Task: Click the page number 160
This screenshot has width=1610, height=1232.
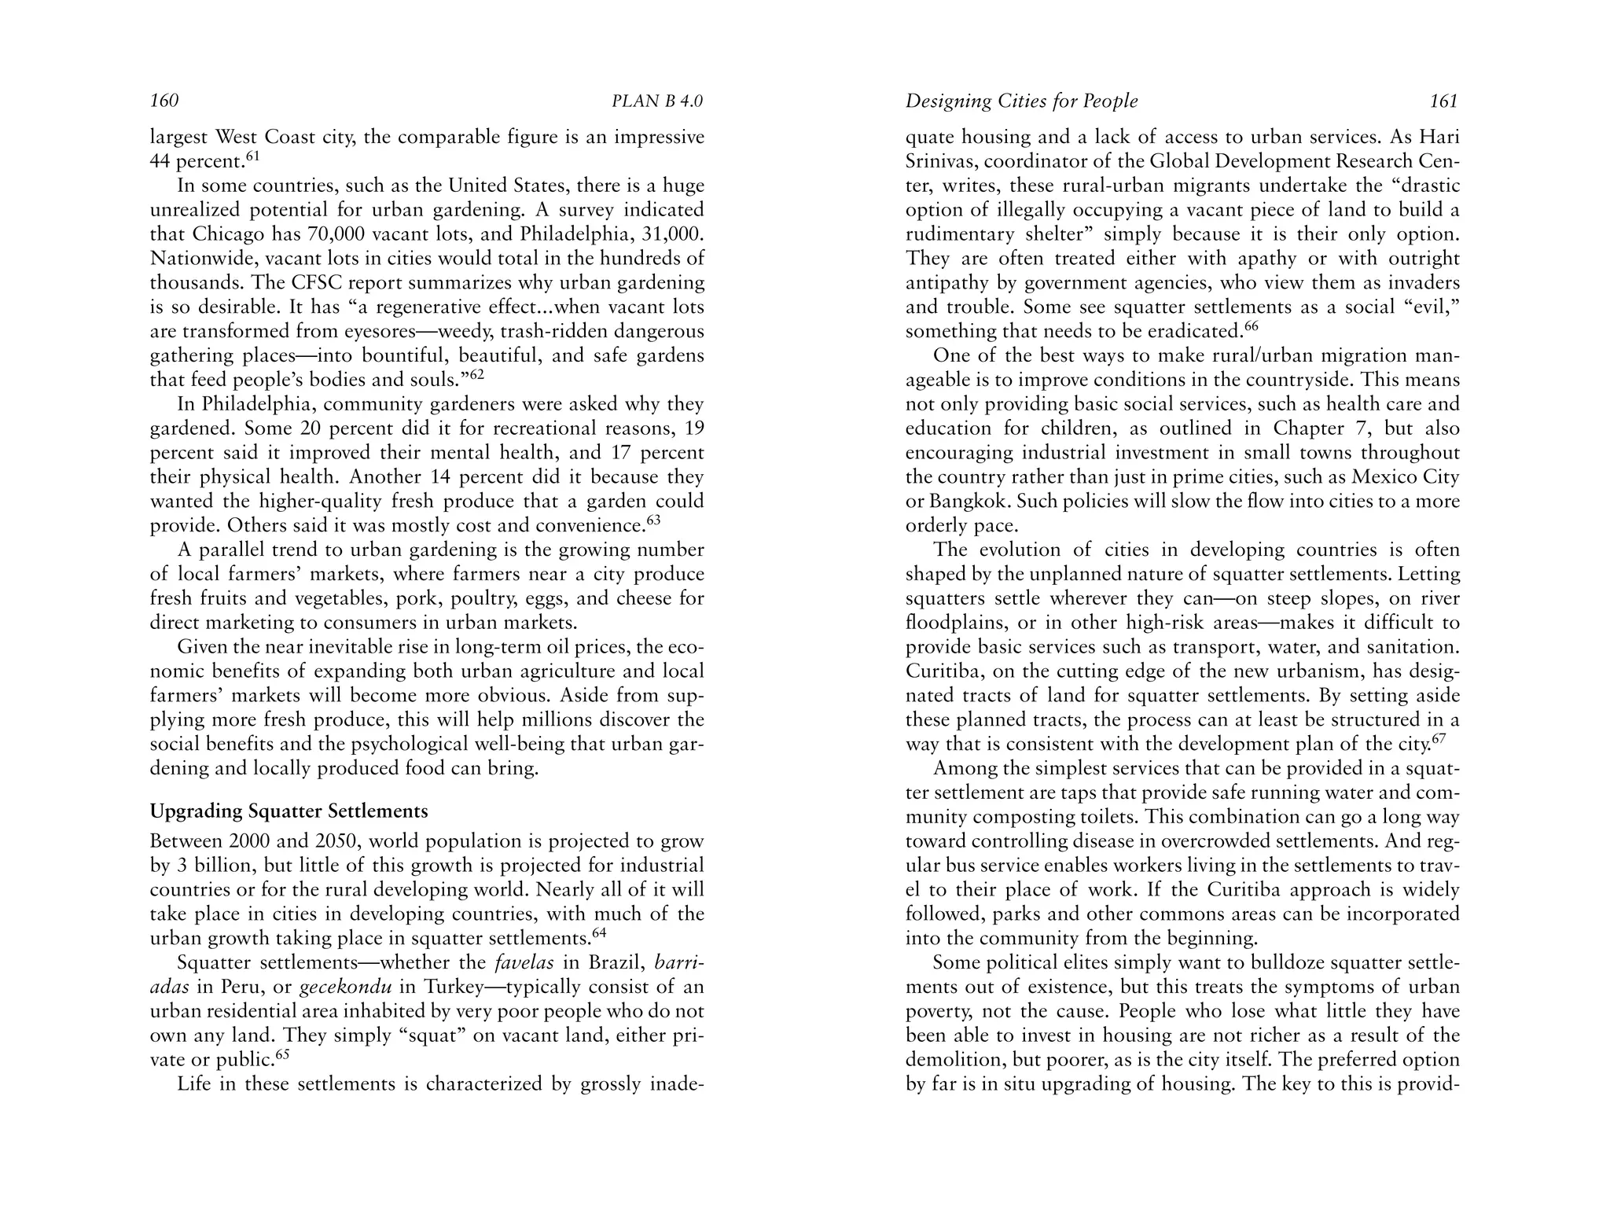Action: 164,101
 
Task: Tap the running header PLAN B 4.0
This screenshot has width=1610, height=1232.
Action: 657,101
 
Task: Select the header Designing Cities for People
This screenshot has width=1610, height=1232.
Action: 1021,101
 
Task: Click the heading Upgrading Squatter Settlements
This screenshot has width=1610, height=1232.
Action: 289,811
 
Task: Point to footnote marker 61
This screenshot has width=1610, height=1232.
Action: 252,156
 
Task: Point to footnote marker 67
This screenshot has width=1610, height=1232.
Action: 1439,739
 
